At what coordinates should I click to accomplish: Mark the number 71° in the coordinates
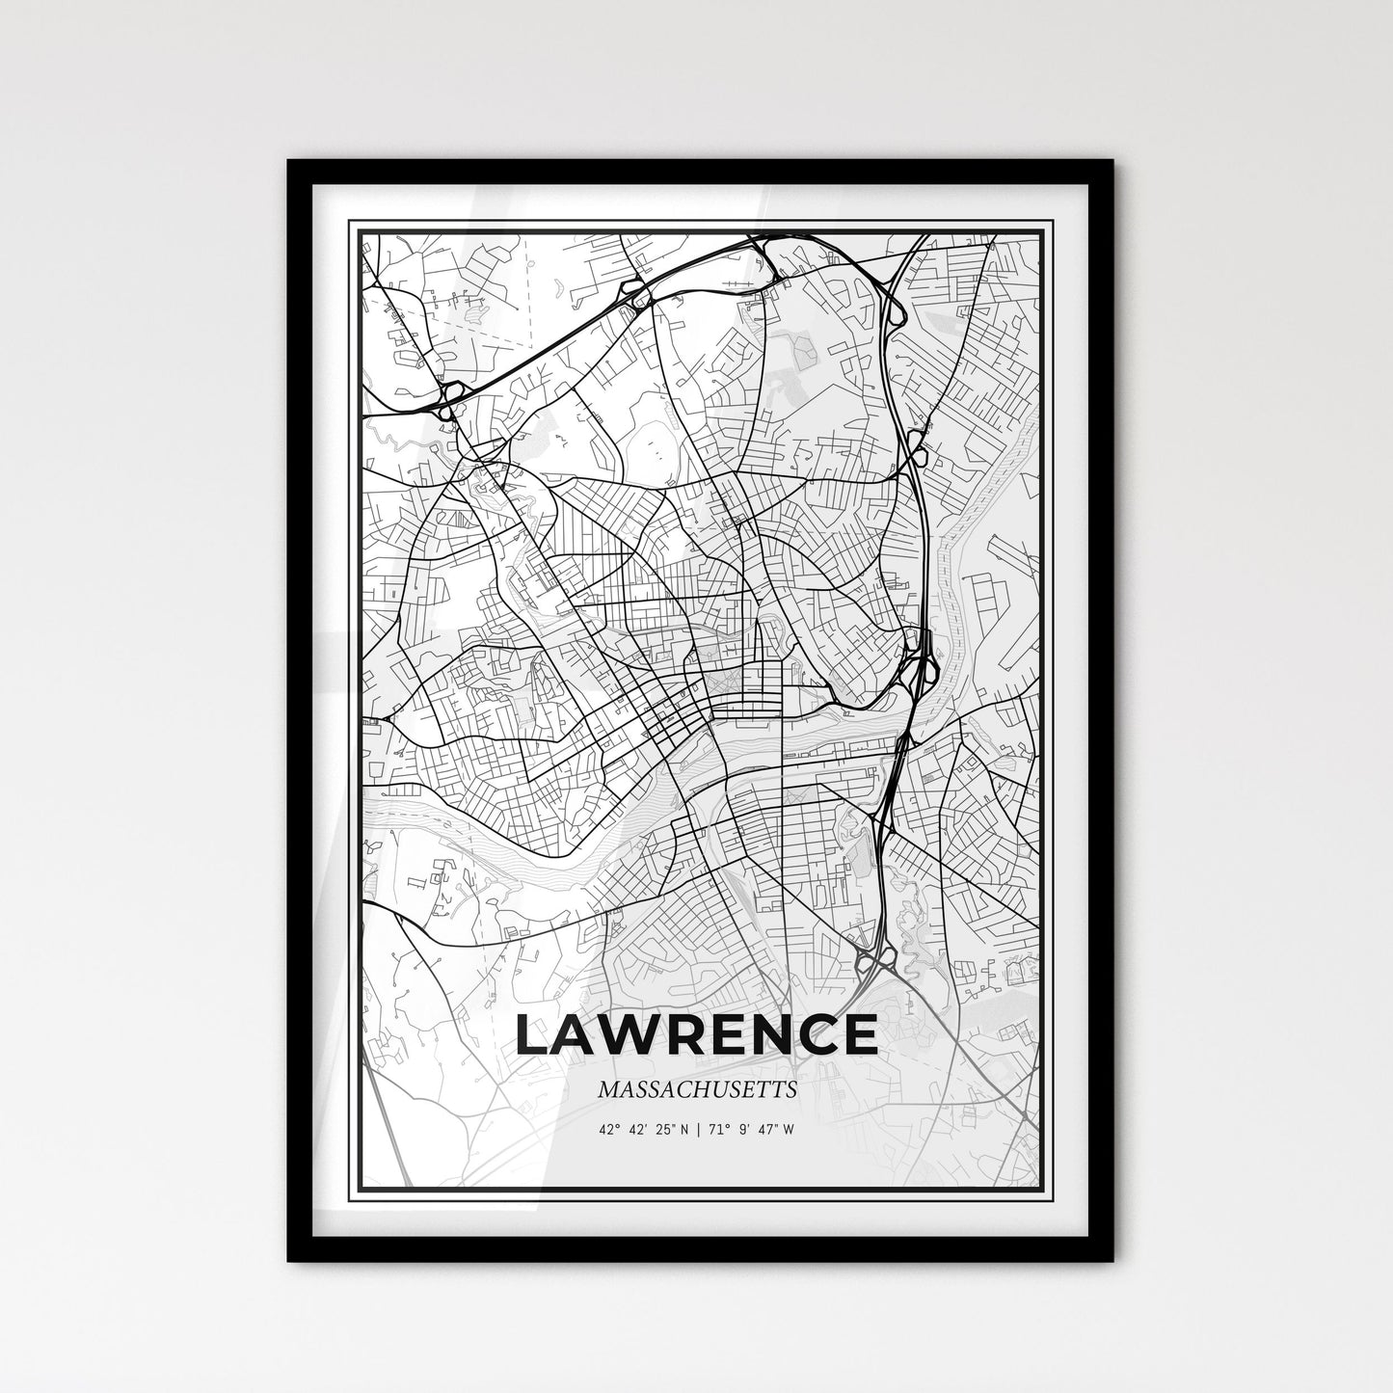tap(717, 1130)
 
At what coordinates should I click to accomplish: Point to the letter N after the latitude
tap(683, 1130)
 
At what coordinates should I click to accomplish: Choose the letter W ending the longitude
tap(790, 1130)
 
